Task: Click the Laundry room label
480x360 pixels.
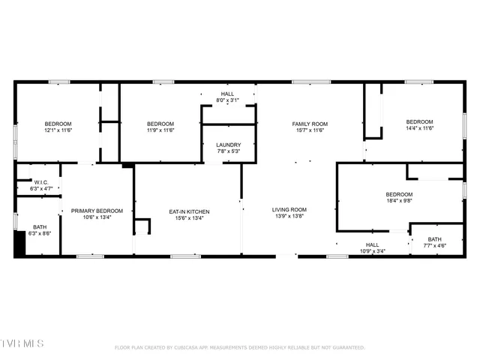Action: [x=228, y=145]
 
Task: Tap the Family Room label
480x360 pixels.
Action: [x=310, y=124]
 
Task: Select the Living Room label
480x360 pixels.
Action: [x=289, y=209]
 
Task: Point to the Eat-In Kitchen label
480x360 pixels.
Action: [x=189, y=211]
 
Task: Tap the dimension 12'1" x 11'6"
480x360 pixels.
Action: [x=58, y=130]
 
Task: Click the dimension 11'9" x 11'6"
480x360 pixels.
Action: [x=160, y=130]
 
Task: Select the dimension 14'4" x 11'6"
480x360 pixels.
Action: [x=419, y=128]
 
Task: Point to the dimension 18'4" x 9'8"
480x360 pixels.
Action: [x=399, y=200]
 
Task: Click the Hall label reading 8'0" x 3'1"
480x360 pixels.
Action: [x=227, y=100]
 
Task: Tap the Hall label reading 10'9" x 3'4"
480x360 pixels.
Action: [x=372, y=250]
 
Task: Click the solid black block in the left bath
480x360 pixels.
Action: [x=19, y=245]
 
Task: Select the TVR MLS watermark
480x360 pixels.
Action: [x=22, y=343]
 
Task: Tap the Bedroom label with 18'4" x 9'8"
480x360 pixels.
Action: [x=399, y=193]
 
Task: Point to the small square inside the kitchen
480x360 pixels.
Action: [x=142, y=226]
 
